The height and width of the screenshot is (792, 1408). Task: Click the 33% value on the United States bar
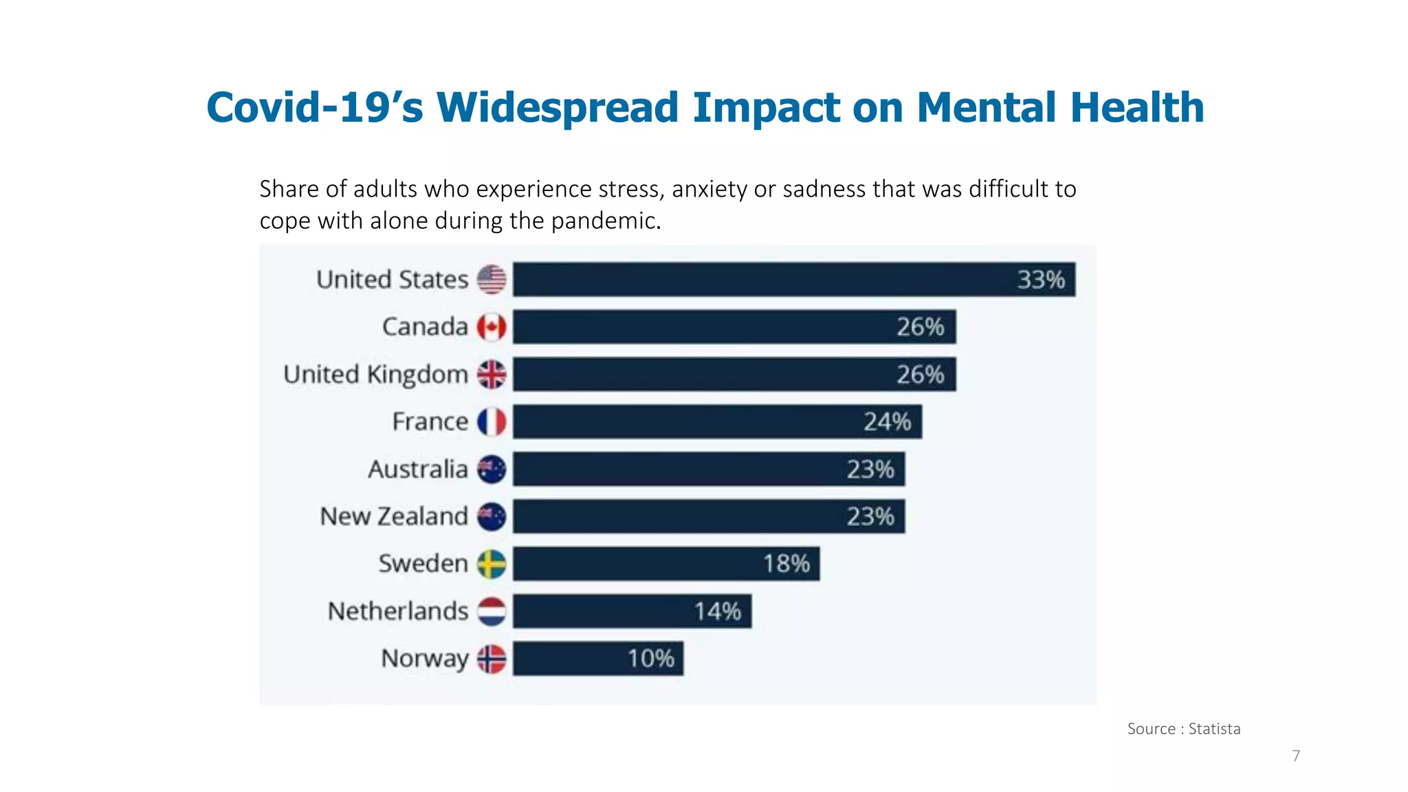coord(1041,280)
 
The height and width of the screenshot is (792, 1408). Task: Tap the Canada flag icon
coord(492,327)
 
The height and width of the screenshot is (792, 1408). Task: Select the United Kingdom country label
coord(375,375)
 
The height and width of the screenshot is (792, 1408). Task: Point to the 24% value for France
coord(887,421)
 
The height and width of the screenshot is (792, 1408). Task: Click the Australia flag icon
coord(492,470)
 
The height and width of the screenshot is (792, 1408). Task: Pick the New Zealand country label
coord(394,516)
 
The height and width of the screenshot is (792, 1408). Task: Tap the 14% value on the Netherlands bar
coord(717,611)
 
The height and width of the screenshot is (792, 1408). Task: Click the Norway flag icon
coord(492,659)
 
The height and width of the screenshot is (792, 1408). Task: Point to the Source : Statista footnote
coord(1183,729)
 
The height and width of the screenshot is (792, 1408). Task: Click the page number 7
coord(1296,756)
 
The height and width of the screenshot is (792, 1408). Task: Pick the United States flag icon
coord(492,280)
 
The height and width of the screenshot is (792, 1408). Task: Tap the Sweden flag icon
coord(492,564)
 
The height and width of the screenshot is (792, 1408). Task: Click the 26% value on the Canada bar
coord(920,327)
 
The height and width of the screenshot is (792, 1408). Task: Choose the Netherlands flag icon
coord(492,611)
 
